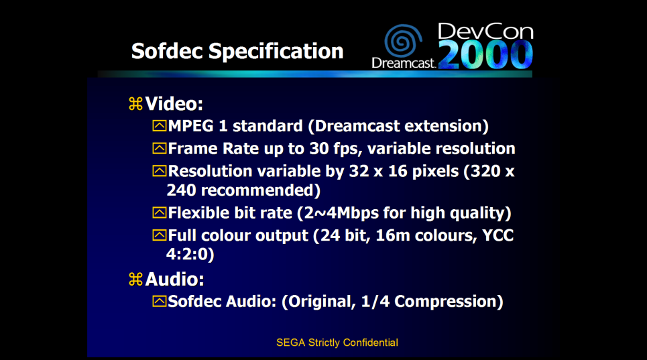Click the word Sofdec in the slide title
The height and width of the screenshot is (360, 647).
(167, 51)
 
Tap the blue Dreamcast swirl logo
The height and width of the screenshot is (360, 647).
(403, 40)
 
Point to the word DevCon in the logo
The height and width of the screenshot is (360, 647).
(485, 32)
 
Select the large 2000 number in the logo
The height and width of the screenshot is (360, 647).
(485, 54)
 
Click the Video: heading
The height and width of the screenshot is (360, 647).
(174, 103)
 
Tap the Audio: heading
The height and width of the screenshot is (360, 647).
(174, 279)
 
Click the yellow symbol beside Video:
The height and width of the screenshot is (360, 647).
(135, 103)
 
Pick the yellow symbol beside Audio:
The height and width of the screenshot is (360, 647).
(135, 279)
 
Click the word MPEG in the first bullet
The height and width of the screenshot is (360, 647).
(190, 126)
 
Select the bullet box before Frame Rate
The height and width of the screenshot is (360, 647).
(160, 148)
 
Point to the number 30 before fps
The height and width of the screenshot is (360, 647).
(319, 148)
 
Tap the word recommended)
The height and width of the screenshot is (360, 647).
(243, 190)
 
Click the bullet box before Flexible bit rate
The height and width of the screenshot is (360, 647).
(160, 213)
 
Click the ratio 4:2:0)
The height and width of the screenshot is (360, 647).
(190, 254)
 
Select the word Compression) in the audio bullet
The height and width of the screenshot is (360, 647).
(449, 302)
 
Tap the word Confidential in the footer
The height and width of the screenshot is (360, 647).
(371, 343)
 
